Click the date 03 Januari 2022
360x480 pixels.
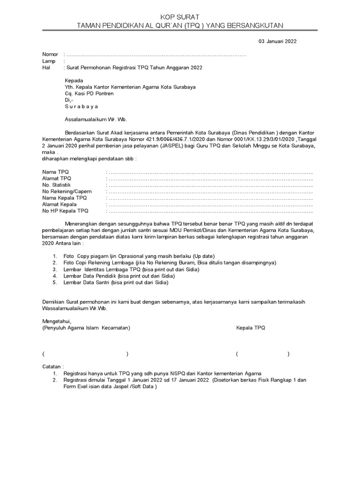[x=277, y=41]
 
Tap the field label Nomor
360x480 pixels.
[x=50, y=54]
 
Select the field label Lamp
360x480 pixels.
[x=49, y=61]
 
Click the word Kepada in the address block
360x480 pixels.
[x=74, y=80]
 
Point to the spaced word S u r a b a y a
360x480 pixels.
[x=82, y=106]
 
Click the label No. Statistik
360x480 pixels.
[x=56, y=185]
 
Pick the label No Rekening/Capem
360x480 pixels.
[x=67, y=192]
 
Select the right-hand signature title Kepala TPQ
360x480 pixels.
[x=250, y=328]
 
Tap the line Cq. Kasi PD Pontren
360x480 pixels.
[x=89, y=93]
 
